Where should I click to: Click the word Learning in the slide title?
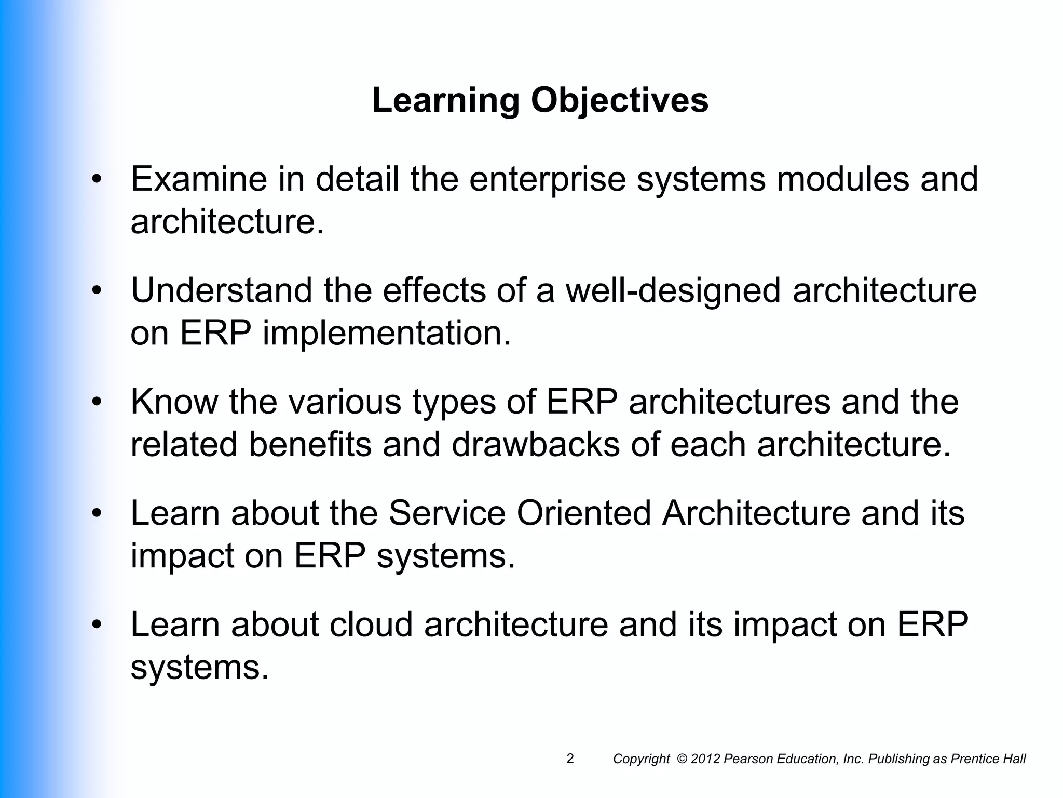pos(445,100)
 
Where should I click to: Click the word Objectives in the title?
pos(619,100)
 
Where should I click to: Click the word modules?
pos(842,179)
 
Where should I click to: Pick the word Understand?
pos(222,290)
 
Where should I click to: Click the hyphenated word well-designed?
pos(673,290)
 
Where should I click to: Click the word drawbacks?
pos(535,445)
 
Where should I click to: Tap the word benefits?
pos(310,445)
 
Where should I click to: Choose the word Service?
pos(447,513)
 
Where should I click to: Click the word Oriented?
pos(583,513)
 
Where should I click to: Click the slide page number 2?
pos(570,759)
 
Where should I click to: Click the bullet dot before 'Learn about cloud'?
pos(96,626)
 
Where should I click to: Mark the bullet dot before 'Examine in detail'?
pos(96,180)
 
